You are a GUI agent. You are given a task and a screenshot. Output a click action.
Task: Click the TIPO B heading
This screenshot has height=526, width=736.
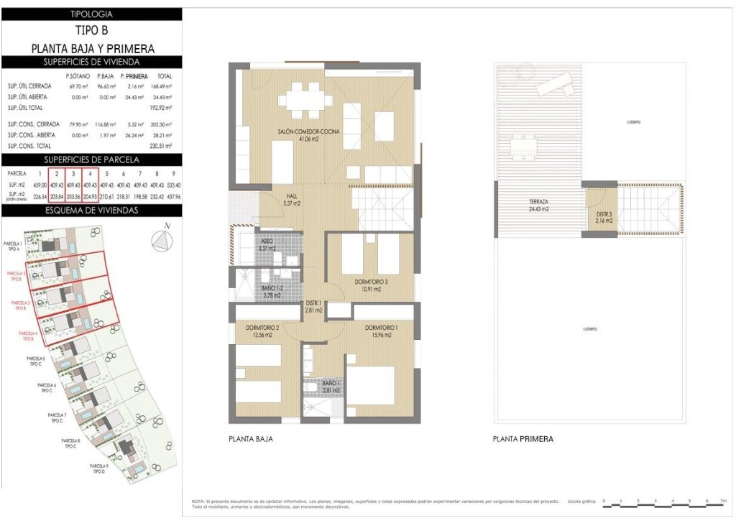click(92, 30)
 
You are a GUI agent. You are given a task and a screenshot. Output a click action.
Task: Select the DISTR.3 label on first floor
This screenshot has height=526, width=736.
click(604, 217)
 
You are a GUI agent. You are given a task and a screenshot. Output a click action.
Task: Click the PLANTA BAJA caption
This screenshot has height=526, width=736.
click(250, 438)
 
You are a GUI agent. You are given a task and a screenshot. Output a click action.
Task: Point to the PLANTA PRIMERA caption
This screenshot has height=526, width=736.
click(523, 438)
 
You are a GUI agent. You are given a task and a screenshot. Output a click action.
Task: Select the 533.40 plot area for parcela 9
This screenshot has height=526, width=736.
click(172, 185)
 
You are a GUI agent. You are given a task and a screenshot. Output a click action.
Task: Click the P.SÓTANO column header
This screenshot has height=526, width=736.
click(77, 75)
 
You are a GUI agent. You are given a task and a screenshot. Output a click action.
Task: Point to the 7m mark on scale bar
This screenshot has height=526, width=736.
click(723, 499)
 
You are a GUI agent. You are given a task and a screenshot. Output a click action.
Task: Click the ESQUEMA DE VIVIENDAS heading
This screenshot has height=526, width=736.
click(91, 211)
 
